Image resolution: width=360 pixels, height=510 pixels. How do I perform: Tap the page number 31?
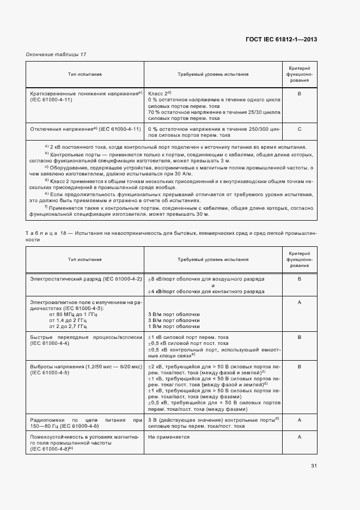coord(314,466)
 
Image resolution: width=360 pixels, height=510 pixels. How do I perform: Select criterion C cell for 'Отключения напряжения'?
coord(300,129)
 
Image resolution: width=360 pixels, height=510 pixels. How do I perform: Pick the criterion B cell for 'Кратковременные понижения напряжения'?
coord(300,94)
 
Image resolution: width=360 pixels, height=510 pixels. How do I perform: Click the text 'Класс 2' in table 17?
coord(160,94)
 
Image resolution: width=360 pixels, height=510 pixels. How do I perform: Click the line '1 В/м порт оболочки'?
coord(174,326)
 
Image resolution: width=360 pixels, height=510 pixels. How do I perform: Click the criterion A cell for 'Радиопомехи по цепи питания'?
coord(300,419)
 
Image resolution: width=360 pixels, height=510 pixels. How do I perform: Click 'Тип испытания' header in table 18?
coord(85,260)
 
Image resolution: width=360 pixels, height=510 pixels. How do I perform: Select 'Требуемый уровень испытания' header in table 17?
coord(213,74)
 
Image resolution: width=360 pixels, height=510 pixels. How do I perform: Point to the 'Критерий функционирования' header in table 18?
coord(300,260)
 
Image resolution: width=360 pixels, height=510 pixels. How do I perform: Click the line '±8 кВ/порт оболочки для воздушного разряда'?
coord(206,279)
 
